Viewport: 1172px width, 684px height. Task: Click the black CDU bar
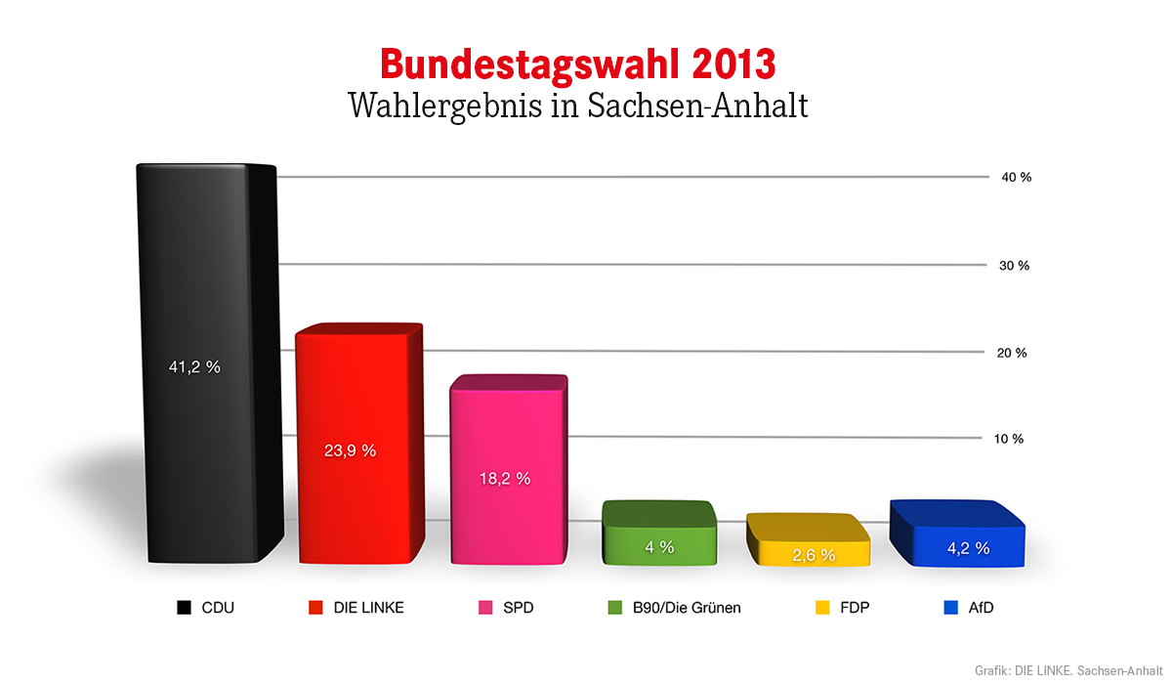tap(209, 363)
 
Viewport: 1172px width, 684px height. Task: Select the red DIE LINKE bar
tap(360, 444)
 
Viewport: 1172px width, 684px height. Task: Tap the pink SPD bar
tap(509, 469)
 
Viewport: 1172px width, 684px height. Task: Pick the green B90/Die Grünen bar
tap(659, 533)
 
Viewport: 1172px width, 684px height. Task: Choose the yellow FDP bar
tap(809, 539)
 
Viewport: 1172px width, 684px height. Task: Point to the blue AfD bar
tap(957, 534)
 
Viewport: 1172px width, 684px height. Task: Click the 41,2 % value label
tap(194, 366)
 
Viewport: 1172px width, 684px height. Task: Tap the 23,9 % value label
tap(350, 450)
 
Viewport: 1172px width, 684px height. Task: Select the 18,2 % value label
tap(505, 479)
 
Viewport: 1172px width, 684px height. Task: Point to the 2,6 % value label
tap(814, 555)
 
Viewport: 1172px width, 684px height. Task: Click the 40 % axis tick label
tap(1017, 178)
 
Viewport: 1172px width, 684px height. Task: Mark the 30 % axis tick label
tap(1014, 266)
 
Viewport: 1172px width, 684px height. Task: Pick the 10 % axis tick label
tap(1009, 439)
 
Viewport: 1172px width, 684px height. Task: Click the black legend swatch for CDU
tap(184, 608)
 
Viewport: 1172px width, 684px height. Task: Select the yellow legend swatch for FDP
tap(822, 608)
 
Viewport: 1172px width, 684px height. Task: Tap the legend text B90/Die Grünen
tap(687, 608)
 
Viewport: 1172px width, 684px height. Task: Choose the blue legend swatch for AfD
tap(950, 608)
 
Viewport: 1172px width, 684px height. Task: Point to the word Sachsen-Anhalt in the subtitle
tap(697, 106)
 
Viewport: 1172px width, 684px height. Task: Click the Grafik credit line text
tap(1068, 670)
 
